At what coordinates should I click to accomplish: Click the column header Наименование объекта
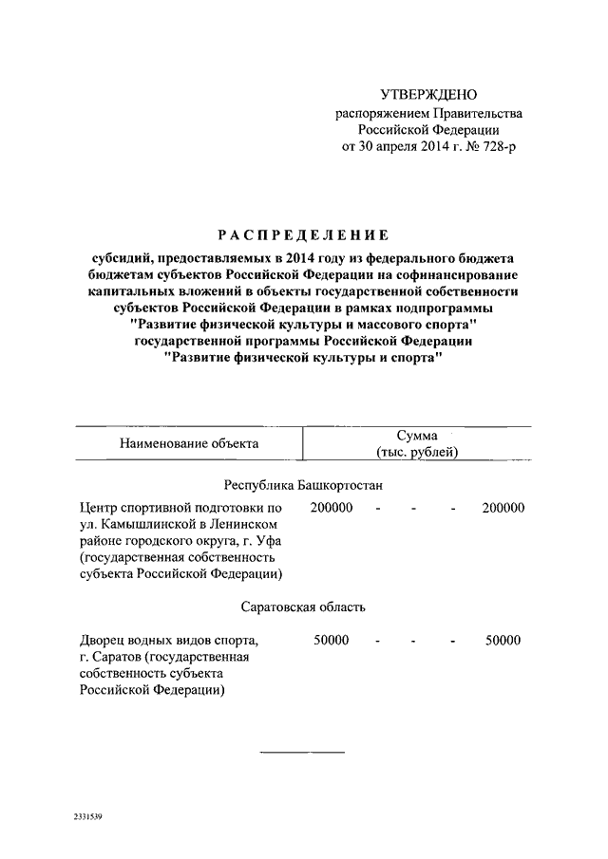pyautogui.click(x=188, y=442)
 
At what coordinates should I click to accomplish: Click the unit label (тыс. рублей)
pyautogui.click(x=417, y=452)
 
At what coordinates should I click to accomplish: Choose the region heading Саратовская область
pyautogui.click(x=302, y=607)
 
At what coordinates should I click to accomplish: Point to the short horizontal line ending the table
pyautogui.click(x=302, y=752)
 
